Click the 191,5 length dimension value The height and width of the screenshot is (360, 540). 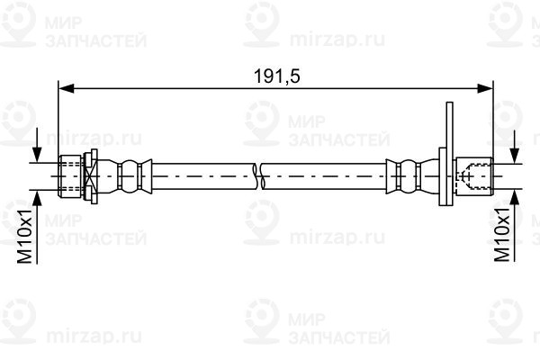pyautogui.click(x=276, y=76)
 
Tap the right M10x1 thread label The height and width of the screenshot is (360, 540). pyautogui.click(x=502, y=234)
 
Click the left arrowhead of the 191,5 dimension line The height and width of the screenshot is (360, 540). pyautogui.click(x=66, y=88)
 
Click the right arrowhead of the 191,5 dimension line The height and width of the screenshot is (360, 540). pyautogui.click(x=485, y=88)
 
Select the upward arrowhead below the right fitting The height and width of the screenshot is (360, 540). pyautogui.click(x=515, y=197)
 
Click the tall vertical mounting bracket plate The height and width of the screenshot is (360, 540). pyautogui.click(x=449, y=154)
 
